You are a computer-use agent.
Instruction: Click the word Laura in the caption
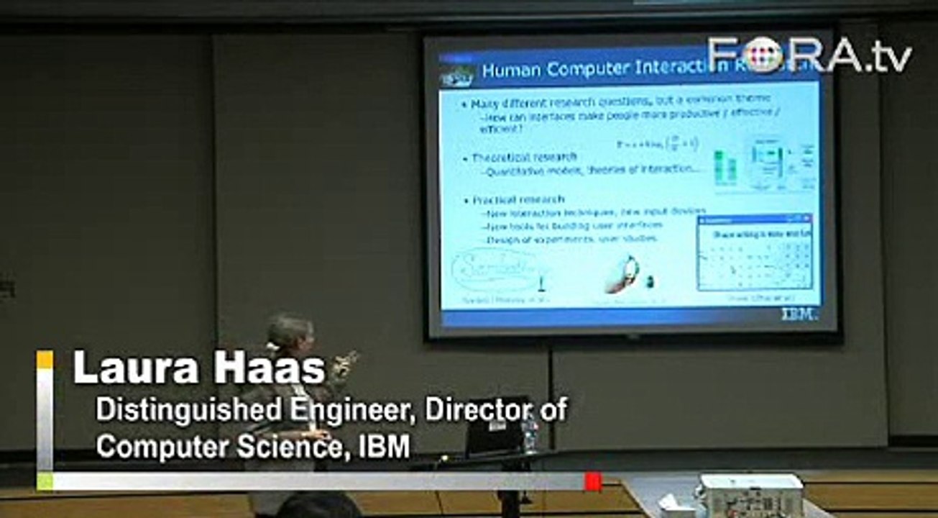pyautogui.click(x=124, y=369)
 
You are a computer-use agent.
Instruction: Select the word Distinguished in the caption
pyautogui.click(x=168, y=410)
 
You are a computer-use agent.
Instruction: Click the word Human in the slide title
pyautogui.click(x=512, y=71)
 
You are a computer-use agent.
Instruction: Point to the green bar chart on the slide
pyautogui.click(x=725, y=167)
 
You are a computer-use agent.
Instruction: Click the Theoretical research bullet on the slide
pyautogui.click(x=524, y=157)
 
